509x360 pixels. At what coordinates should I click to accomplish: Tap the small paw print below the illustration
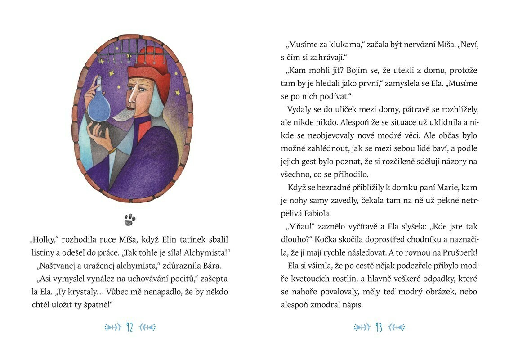pos(130,220)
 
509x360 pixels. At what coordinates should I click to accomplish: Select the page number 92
pos(129,327)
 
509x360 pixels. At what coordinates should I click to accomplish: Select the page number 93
pos(379,327)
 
